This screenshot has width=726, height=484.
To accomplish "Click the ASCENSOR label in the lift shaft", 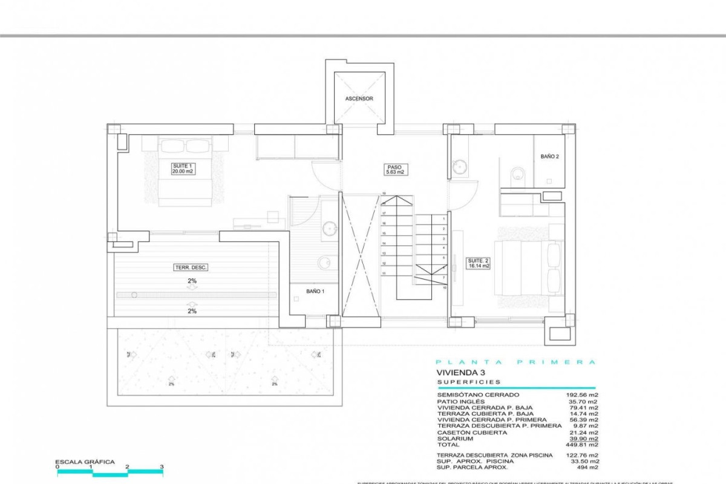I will point(359,98).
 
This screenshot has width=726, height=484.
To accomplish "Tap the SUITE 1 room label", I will point(182,168).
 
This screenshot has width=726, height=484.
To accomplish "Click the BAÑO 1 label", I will point(315,291).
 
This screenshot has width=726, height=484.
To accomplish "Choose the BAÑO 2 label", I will point(549,156).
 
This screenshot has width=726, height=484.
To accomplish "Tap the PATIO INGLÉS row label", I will point(460,401).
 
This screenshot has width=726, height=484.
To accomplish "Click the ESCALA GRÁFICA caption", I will point(84,462).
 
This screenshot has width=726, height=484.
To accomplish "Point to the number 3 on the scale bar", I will point(162,467).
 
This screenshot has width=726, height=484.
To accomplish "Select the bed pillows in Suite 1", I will point(186,146).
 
